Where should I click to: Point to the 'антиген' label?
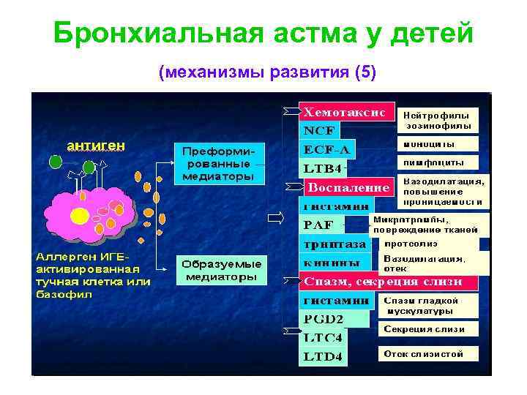(x=95, y=146)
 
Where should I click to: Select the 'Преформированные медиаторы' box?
(x=218, y=163)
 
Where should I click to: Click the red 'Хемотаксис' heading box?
(x=345, y=113)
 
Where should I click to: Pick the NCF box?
(x=318, y=132)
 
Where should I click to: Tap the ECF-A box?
(x=327, y=150)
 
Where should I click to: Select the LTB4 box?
(x=323, y=169)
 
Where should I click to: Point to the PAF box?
(x=321, y=225)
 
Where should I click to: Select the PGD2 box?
(x=323, y=319)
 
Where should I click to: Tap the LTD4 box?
(x=323, y=357)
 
